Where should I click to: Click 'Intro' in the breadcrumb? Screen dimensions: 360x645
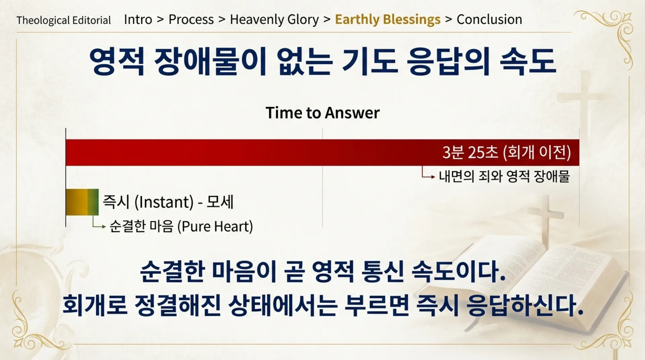(138, 19)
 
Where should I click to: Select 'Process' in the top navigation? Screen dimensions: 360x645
(191, 19)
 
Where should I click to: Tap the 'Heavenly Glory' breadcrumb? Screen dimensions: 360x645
(274, 19)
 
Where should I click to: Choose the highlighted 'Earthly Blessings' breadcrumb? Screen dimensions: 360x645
(387, 19)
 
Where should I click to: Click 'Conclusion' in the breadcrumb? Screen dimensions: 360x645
(489, 19)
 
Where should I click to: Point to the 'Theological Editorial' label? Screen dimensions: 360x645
(63, 21)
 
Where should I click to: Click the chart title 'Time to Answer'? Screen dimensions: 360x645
(322, 113)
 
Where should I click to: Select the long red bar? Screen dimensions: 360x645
(235, 152)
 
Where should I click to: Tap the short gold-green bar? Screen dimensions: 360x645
(82, 202)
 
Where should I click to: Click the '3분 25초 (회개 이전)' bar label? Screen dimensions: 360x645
(506, 152)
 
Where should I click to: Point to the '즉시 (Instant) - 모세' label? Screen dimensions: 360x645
(168, 202)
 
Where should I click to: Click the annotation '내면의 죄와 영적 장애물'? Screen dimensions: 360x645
(504, 176)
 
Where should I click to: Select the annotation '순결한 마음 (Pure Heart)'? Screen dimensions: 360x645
(181, 226)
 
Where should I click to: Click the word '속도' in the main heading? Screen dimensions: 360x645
(527, 61)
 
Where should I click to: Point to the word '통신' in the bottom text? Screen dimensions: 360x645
(382, 271)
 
